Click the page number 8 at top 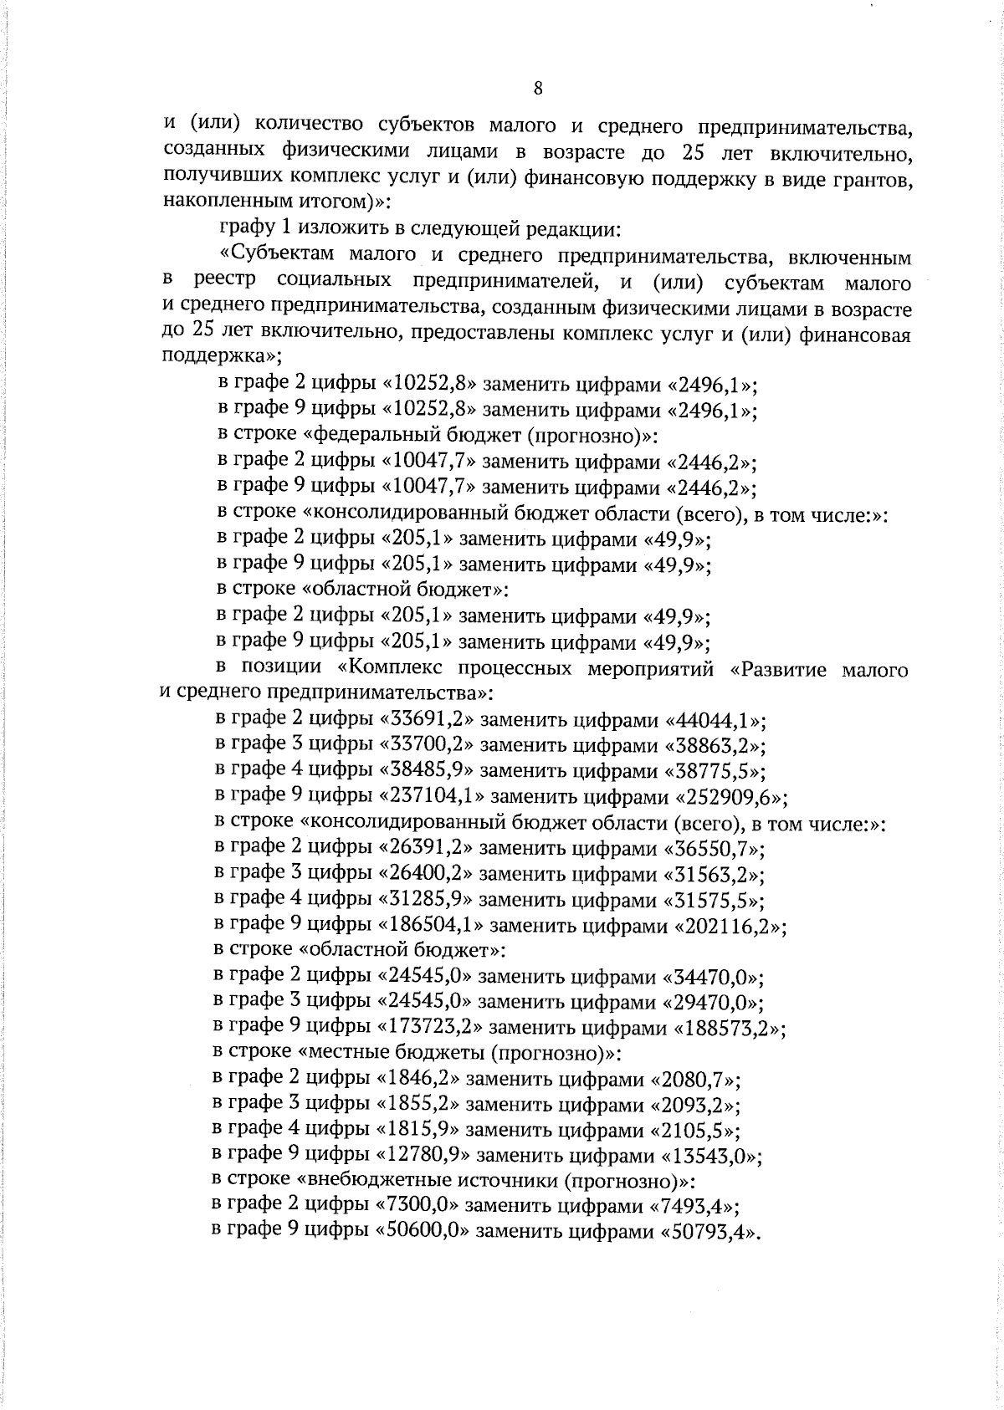pyautogui.click(x=538, y=89)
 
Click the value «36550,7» pyautogui.click(x=713, y=849)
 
